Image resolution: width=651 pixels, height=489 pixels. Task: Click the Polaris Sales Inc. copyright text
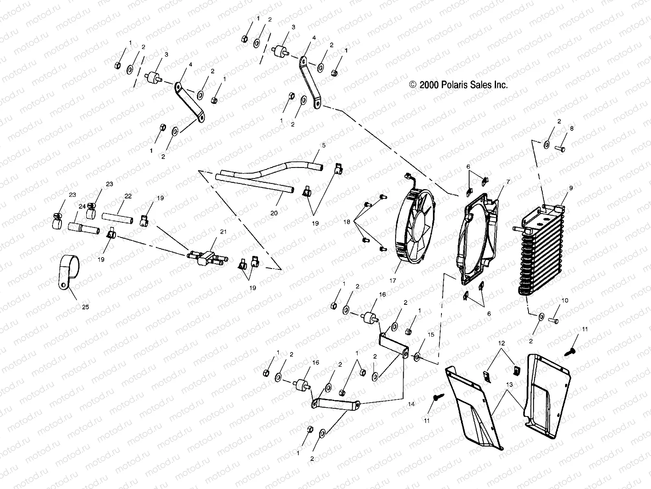[459, 85]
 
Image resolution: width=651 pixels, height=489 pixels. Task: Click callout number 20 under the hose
[274, 213]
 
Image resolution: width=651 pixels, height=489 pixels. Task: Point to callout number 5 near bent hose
[323, 145]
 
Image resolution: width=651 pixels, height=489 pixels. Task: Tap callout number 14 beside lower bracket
[411, 404]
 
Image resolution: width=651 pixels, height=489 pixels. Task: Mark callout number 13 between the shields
[509, 384]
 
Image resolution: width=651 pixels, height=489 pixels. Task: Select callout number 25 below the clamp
[86, 307]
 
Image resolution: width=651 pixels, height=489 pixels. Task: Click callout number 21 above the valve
[223, 231]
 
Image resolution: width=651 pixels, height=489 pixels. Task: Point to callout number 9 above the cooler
[571, 188]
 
